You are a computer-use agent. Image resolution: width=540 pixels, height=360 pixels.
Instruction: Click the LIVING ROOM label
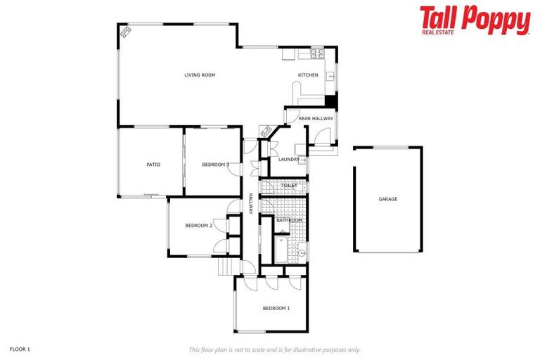point(200,75)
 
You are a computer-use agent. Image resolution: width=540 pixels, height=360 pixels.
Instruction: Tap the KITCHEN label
point(308,75)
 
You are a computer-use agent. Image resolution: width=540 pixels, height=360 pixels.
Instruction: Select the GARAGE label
point(388,199)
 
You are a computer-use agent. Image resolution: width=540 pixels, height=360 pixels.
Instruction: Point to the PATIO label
point(153,165)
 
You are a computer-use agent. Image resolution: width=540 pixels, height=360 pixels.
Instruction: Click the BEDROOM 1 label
point(276,308)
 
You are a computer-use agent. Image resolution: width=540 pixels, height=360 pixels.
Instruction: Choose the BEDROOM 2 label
point(198,226)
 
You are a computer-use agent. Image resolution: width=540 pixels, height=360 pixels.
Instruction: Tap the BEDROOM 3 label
point(215,165)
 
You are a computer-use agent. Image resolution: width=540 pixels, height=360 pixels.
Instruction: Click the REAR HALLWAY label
point(316,119)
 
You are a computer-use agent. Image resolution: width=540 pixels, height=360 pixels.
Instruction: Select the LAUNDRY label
point(289,160)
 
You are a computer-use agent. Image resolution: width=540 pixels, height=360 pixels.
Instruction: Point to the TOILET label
point(289,186)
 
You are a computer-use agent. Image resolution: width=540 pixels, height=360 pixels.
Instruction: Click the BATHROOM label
point(288,220)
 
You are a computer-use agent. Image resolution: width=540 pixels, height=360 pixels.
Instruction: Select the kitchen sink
point(330,74)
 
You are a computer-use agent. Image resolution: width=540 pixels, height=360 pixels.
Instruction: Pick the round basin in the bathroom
point(302,253)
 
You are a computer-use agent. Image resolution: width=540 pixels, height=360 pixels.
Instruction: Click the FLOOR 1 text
point(20,349)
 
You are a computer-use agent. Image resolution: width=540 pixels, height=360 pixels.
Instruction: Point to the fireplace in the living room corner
point(126,32)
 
